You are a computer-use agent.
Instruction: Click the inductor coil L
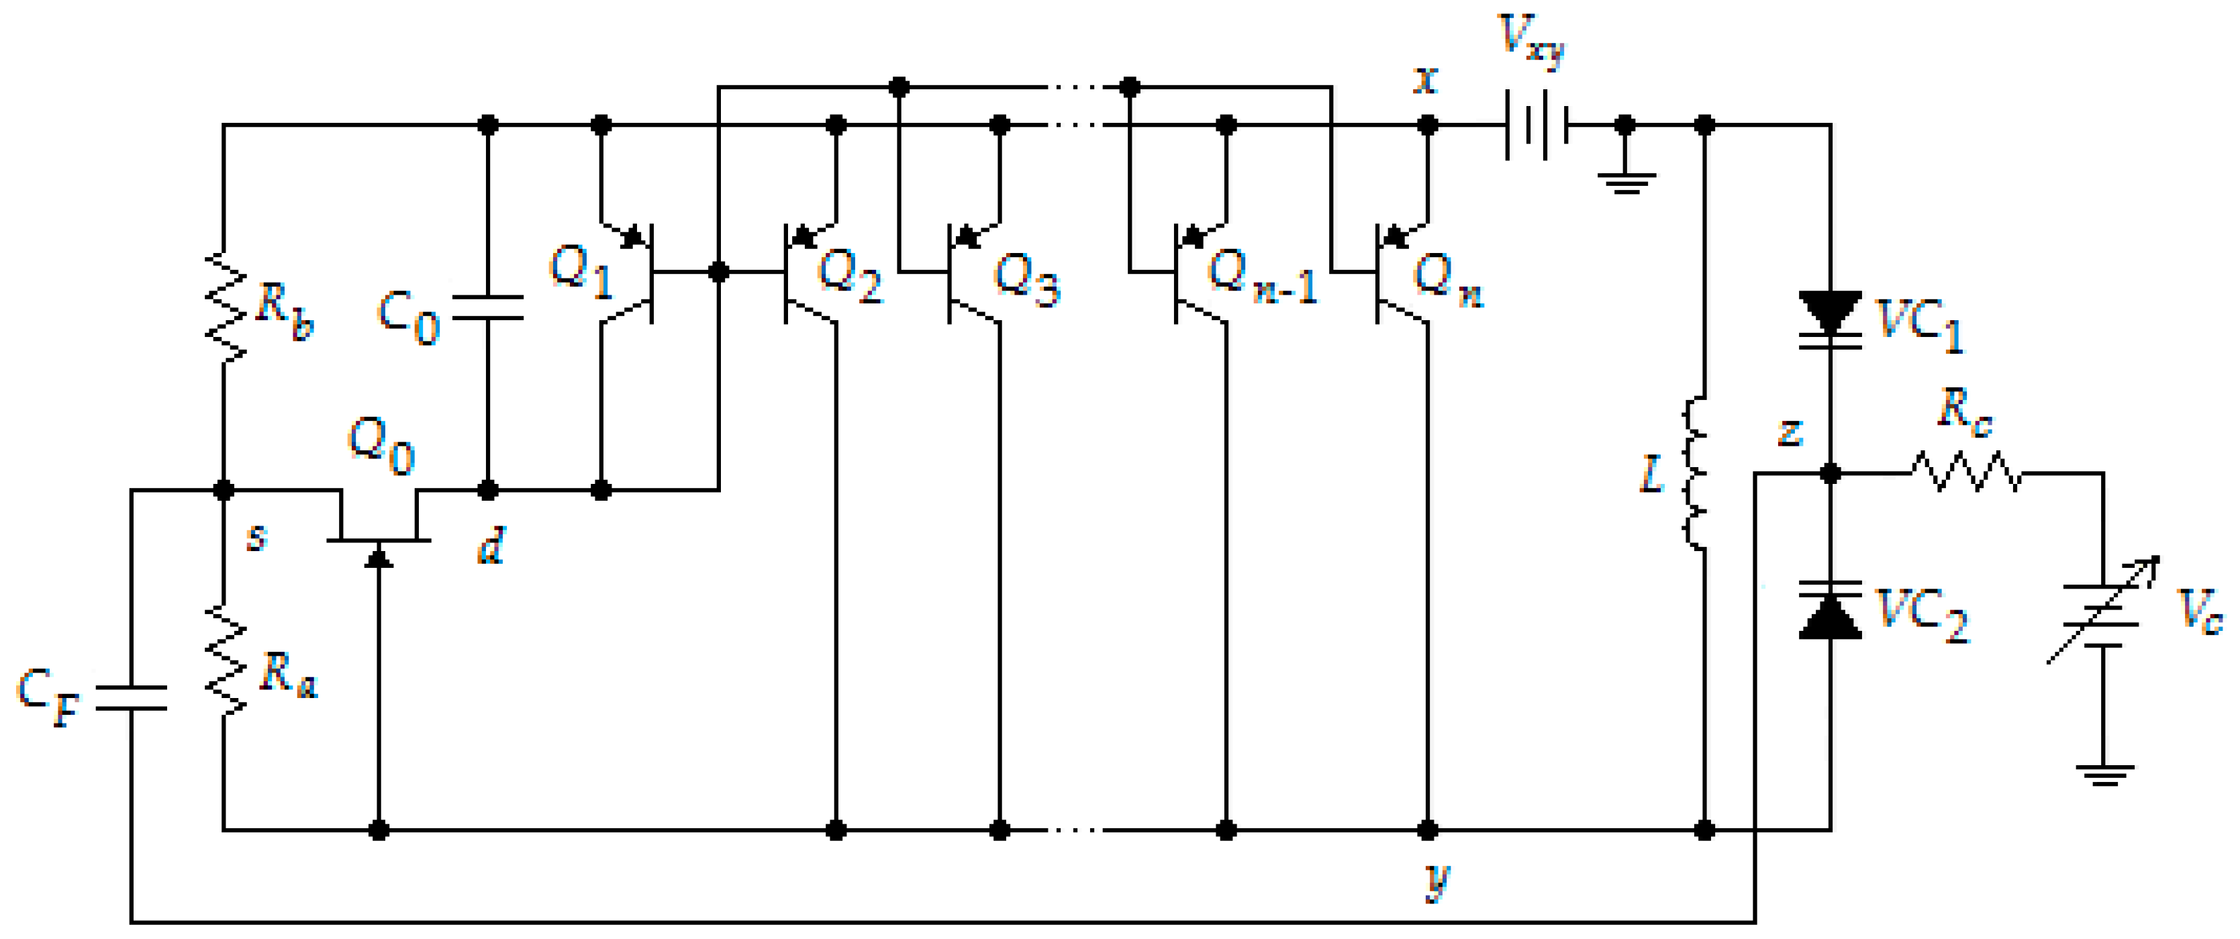[1696, 474]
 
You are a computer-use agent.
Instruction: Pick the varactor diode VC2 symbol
[1830, 610]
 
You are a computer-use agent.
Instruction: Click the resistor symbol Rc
[1965, 473]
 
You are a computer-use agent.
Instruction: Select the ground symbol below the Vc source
[2104, 774]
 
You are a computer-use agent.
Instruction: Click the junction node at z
[1830, 473]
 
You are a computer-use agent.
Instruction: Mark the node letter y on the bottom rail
[1439, 880]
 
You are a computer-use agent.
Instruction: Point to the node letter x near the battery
[1425, 80]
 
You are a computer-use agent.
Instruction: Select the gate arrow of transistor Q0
[379, 556]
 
